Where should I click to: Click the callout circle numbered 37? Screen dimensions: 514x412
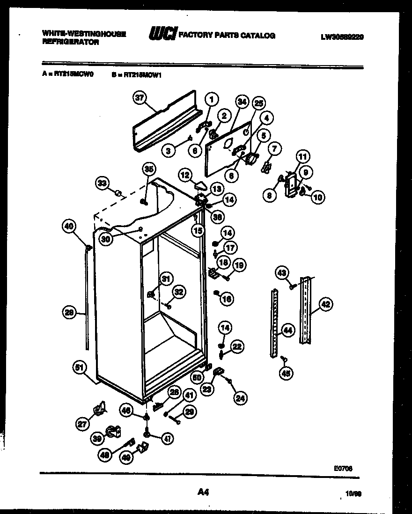140,98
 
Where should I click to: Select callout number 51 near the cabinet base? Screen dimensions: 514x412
81,368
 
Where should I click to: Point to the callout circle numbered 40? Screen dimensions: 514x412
69,227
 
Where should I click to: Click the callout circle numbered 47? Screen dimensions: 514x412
167,439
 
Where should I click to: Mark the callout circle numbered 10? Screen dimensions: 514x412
317,197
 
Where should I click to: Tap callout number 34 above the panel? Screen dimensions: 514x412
242,101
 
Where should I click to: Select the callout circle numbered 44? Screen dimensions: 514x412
287,331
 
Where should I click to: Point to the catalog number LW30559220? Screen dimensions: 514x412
342,36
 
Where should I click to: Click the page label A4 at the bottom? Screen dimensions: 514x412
202,492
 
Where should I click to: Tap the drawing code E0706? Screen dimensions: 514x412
343,467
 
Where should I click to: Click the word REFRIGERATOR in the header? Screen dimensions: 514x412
71,42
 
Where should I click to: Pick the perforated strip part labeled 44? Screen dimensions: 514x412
274,323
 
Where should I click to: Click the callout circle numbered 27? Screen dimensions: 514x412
83,424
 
